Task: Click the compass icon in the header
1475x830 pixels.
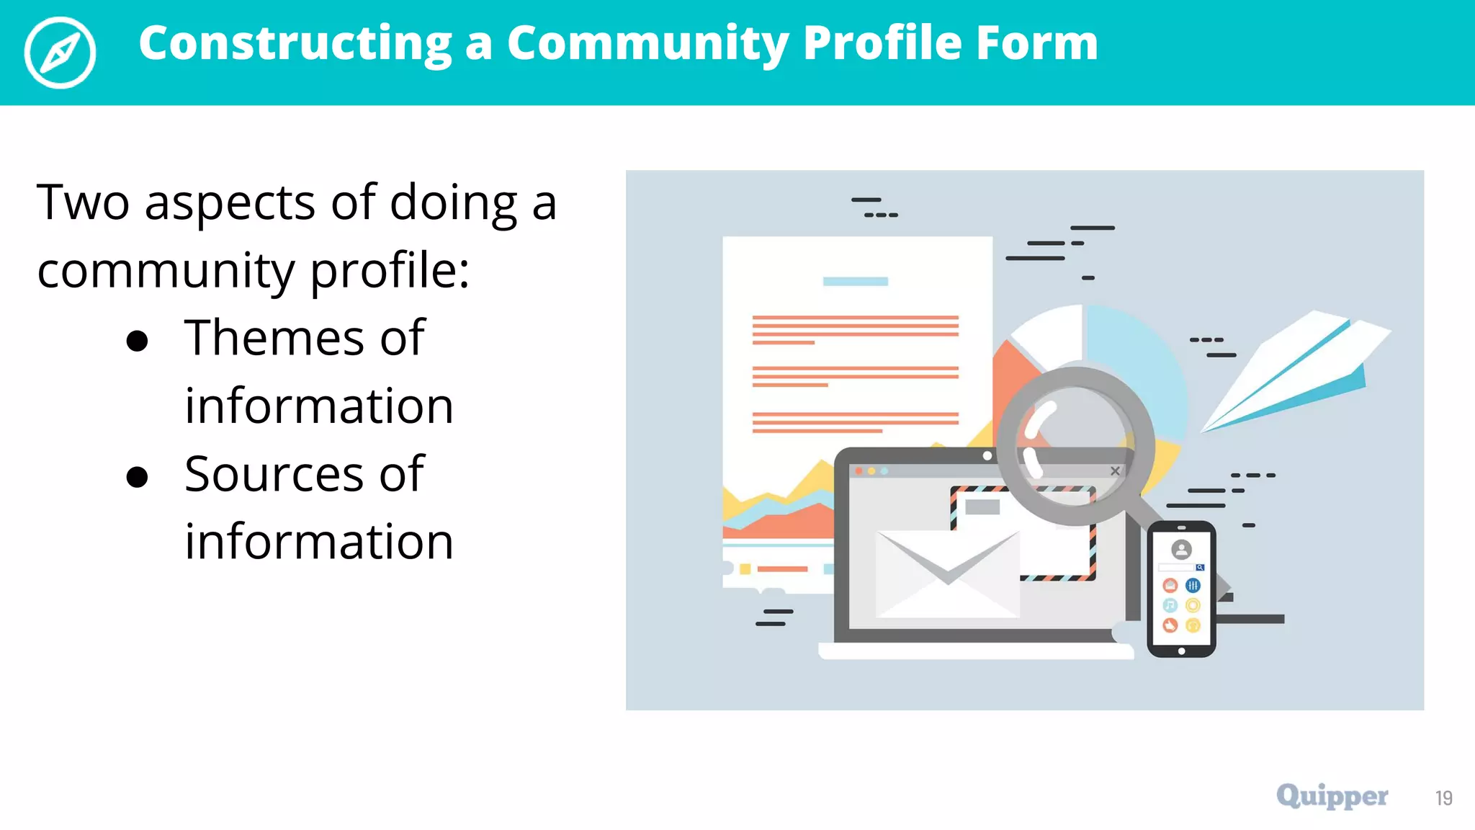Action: click(x=60, y=53)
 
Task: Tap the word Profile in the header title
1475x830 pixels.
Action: click(x=882, y=43)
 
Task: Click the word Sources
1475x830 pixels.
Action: click(x=274, y=474)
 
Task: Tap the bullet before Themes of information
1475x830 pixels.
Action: click(x=137, y=341)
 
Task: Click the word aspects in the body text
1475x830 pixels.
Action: click(x=229, y=203)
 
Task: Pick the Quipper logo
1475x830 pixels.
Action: click(x=1332, y=796)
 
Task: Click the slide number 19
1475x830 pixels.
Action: click(x=1443, y=798)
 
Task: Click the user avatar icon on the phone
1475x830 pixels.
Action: click(x=1181, y=550)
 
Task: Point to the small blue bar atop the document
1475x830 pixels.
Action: click(x=855, y=282)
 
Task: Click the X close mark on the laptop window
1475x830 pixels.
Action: click(x=1115, y=471)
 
